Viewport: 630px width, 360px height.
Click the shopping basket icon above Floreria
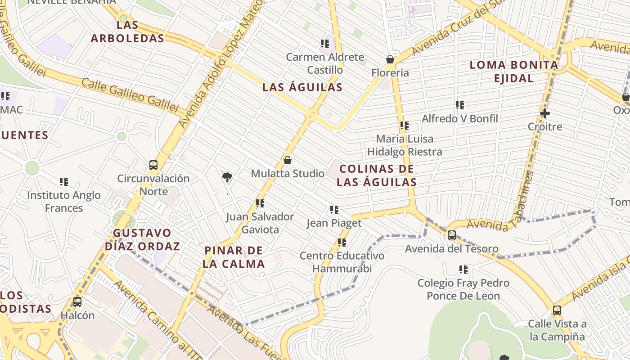[x=390, y=59]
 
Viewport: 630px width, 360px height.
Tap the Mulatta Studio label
[x=288, y=173]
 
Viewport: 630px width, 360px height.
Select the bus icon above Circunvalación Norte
[x=153, y=165]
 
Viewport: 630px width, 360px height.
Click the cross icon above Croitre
[x=545, y=113]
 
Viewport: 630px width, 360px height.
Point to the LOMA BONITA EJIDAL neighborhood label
[x=514, y=72]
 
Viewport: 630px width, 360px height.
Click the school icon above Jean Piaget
[x=334, y=210]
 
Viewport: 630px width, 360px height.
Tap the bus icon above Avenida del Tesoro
[x=452, y=235]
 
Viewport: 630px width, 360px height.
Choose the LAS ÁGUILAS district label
[x=302, y=87]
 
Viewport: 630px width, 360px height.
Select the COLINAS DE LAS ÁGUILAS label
[x=377, y=175]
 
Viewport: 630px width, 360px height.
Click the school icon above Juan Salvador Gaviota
[x=260, y=203]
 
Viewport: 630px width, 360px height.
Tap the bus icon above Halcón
[x=77, y=302]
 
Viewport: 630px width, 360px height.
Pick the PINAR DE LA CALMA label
[x=234, y=257]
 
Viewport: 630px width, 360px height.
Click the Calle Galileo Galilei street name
[x=130, y=95]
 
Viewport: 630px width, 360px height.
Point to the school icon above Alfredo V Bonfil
[x=459, y=105]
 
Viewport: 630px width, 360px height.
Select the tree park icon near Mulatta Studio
[x=227, y=177]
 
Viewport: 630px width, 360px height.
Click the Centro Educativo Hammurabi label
[x=342, y=262]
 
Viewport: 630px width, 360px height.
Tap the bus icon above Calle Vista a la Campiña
[x=557, y=310]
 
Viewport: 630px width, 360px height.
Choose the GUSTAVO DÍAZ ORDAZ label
[x=142, y=239]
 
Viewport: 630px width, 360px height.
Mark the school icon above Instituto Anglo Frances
[x=64, y=182]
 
